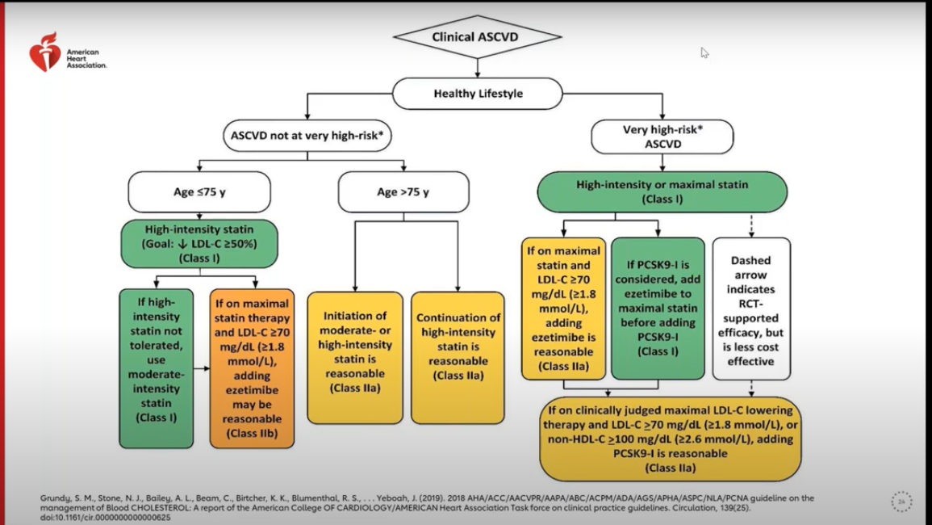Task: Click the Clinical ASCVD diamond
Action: click(x=477, y=36)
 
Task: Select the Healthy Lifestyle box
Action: click(x=478, y=93)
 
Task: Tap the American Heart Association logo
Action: click(x=45, y=52)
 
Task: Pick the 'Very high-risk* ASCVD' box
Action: click(x=662, y=136)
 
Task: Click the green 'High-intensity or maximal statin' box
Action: click(x=662, y=191)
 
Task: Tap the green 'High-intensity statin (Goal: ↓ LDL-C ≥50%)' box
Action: click(x=199, y=244)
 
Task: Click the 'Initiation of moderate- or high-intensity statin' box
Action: click(x=354, y=357)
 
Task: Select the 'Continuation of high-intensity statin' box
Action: click(x=458, y=357)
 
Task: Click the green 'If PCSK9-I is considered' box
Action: click(x=658, y=309)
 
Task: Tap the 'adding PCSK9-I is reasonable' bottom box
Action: click(x=670, y=438)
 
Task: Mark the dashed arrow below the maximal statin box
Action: click(x=752, y=225)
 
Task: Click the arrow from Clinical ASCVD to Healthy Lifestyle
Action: click(x=478, y=68)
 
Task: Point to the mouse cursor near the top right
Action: click(x=704, y=52)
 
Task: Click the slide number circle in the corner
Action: click(x=901, y=501)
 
